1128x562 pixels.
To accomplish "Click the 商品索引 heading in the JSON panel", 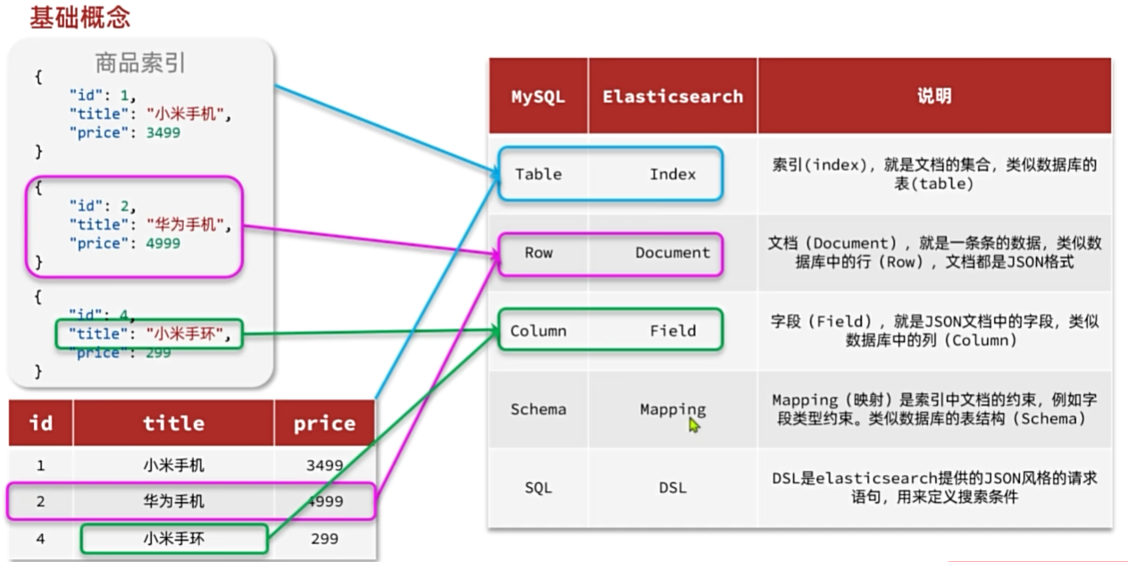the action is pyautogui.click(x=140, y=63).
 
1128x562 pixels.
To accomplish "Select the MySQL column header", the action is pyautogui.click(x=538, y=96).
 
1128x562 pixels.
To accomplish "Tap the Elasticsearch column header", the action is pyautogui.click(x=673, y=96).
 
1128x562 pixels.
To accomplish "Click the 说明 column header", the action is pyautogui.click(x=933, y=96).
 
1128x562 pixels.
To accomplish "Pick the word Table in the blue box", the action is pyautogui.click(x=539, y=174).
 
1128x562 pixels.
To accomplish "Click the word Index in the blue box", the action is pyautogui.click(x=673, y=174).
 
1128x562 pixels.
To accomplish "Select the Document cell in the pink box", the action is pyautogui.click(x=673, y=253).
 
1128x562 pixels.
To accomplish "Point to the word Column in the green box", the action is pyautogui.click(x=539, y=331).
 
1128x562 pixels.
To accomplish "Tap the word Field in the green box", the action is pyautogui.click(x=673, y=331).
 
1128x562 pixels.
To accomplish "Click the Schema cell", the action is pyautogui.click(x=539, y=409).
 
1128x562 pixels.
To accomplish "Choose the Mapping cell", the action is pyautogui.click(x=673, y=409).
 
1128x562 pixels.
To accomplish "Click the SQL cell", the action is pyautogui.click(x=539, y=488).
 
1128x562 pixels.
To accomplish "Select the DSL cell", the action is pyautogui.click(x=673, y=488).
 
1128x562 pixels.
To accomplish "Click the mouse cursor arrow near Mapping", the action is pyautogui.click(x=694, y=425).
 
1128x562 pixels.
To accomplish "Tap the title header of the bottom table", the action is pyautogui.click(x=173, y=424).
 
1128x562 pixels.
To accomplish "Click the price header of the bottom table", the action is pyautogui.click(x=324, y=424).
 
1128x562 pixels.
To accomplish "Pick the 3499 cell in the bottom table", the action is pyautogui.click(x=323, y=466).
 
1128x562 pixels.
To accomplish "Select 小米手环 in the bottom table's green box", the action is pyautogui.click(x=173, y=539).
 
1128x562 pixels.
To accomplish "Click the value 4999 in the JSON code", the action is pyautogui.click(x=163, y=243).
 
